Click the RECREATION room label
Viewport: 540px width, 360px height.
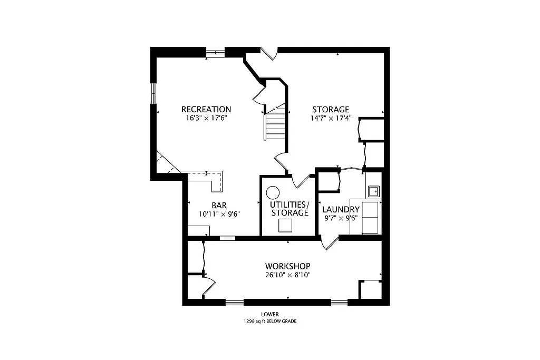[206, 110]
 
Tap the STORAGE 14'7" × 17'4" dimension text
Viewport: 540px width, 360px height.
[331, 119]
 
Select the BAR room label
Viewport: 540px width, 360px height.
[219, 205]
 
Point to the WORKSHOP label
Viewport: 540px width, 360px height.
[287, 266]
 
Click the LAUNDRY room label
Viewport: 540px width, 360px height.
[341, 209]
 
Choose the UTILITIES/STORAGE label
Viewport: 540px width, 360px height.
[290, 208]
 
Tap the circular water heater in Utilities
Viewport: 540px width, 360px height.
[273, 192]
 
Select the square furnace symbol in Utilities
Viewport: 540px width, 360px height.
[285, 226]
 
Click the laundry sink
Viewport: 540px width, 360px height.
[373, 190]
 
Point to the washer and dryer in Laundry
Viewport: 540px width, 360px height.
[371, 217]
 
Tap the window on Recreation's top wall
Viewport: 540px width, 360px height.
[215, 52]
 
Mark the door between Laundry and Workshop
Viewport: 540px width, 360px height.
[330, 242]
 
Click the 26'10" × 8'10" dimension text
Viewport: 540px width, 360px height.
[287, 275]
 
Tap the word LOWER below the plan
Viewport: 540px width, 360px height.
[269, 314]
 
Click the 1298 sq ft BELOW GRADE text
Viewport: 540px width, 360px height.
[269, 321]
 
